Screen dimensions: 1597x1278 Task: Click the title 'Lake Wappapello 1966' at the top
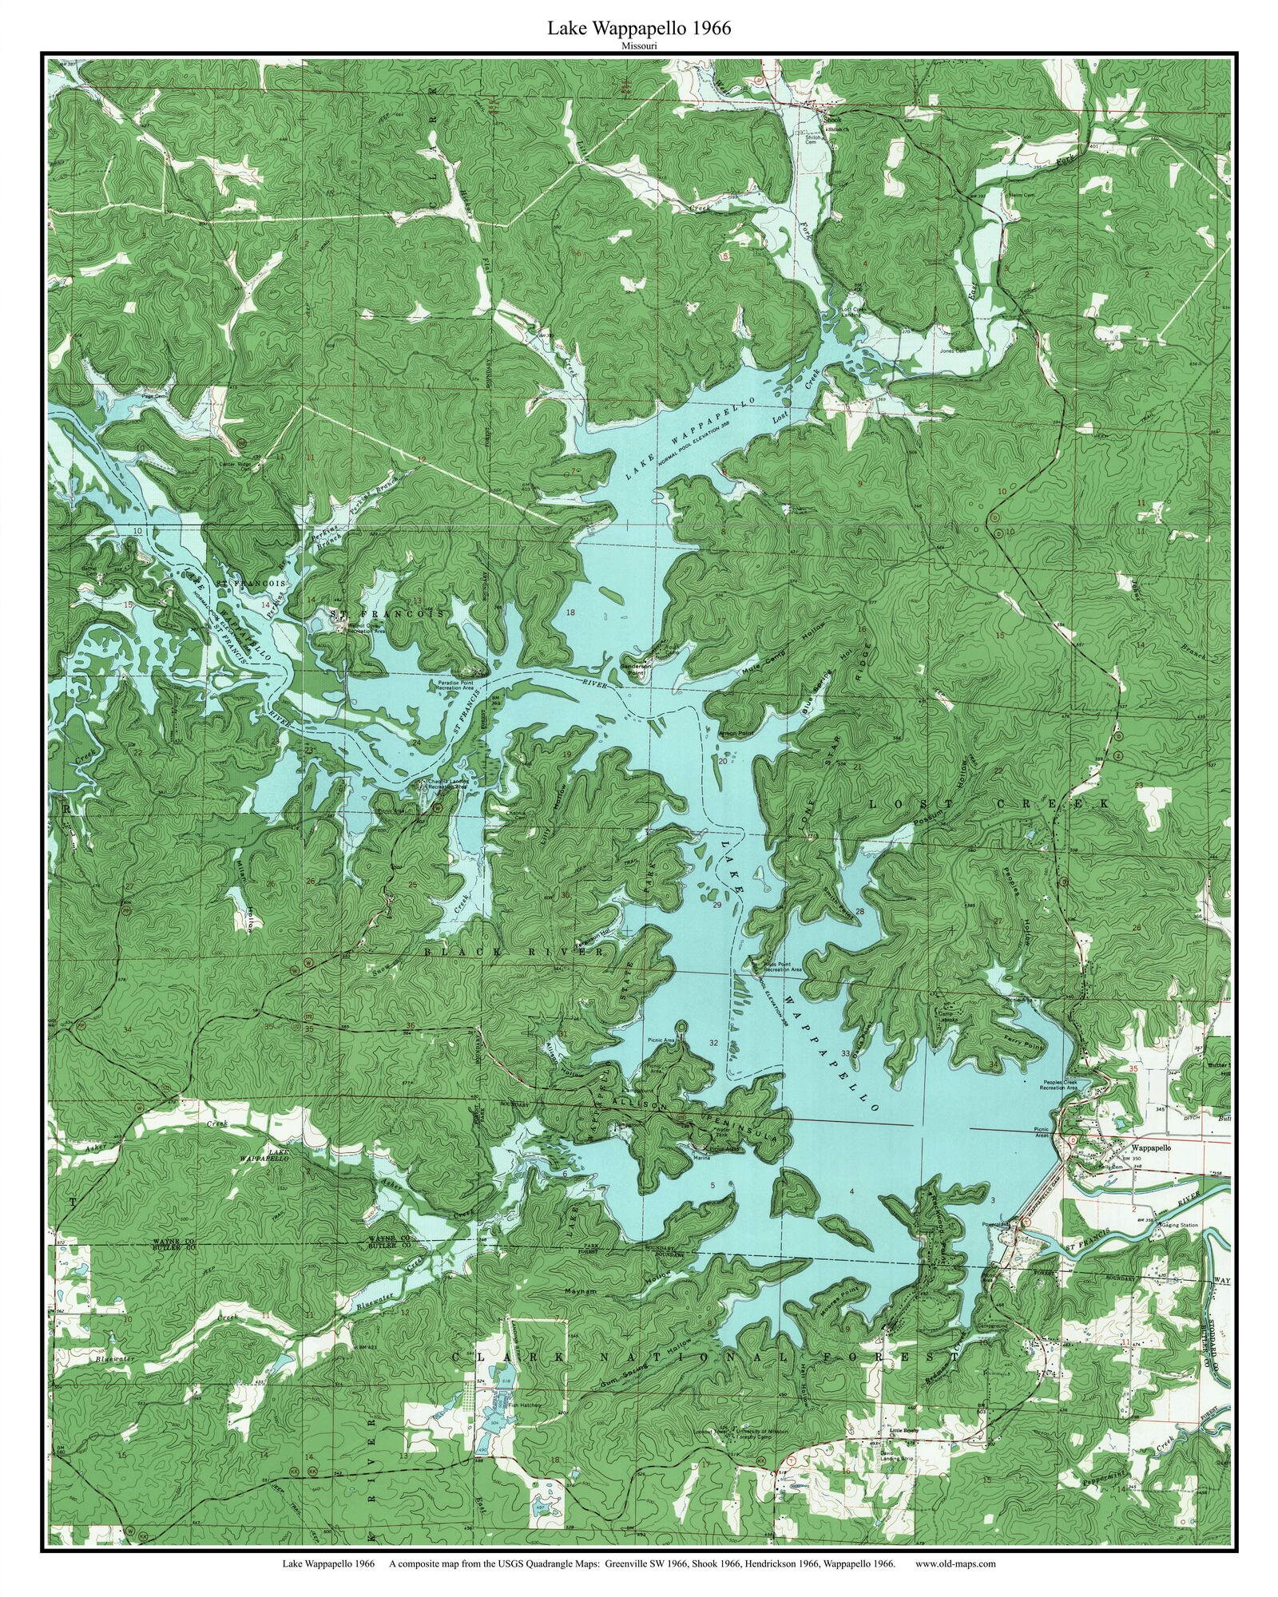[x=638, y=29]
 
